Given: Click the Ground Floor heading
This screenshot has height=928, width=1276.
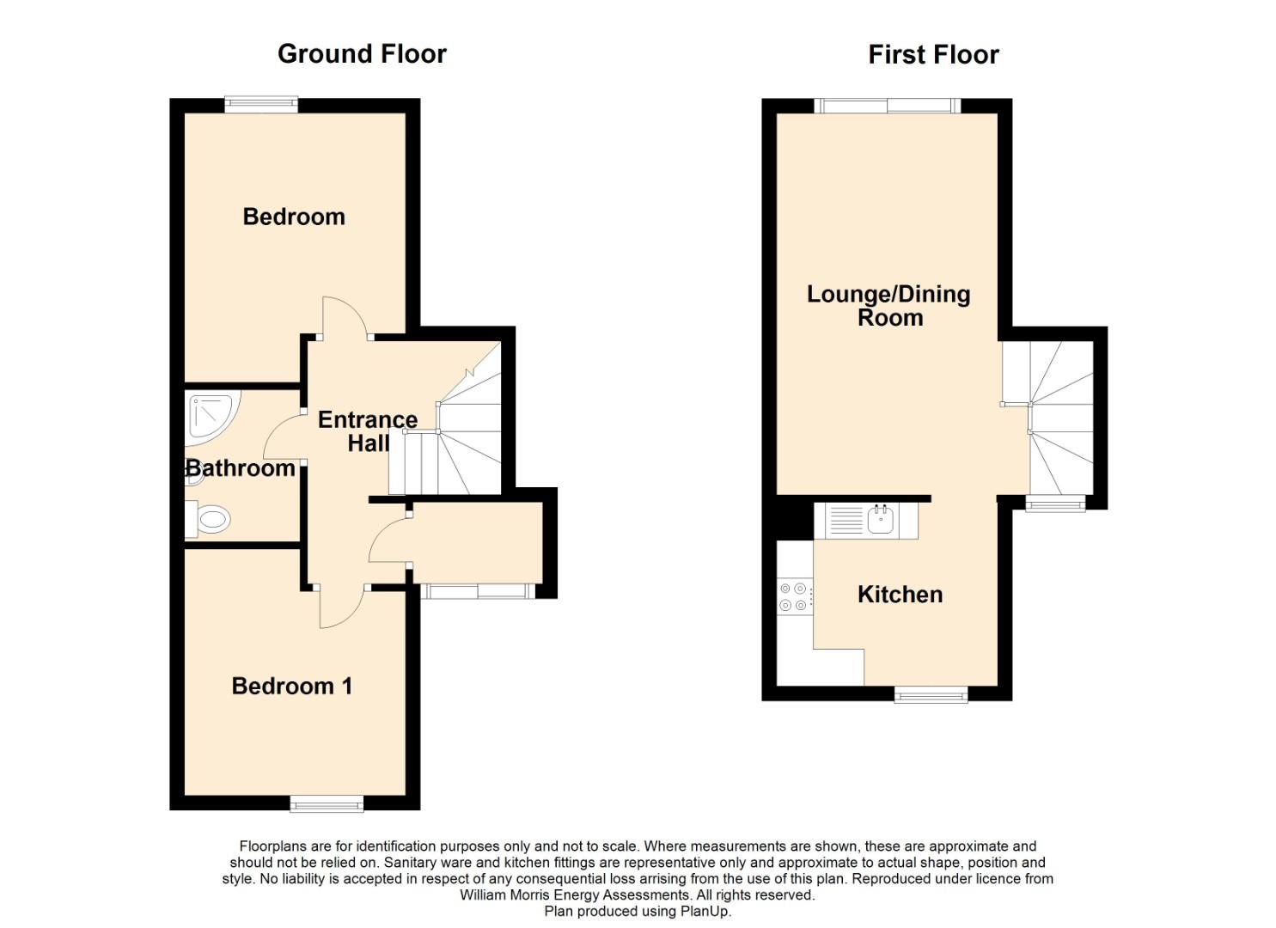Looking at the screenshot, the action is click(362, 54).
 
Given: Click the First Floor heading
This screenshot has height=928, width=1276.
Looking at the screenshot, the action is click(933, 55).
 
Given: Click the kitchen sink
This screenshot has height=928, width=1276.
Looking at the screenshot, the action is click(881, 519).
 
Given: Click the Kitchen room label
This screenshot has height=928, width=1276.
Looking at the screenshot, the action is click(900, 595).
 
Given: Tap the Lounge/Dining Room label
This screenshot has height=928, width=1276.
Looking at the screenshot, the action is click(888, 306).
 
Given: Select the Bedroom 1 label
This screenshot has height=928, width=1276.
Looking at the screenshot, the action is click(291, 686).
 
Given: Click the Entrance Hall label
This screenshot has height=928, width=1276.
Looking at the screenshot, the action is click(368, 431).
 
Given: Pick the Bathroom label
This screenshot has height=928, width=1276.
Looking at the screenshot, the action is click(241, 468).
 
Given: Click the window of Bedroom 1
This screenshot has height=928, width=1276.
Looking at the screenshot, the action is click(327, 803).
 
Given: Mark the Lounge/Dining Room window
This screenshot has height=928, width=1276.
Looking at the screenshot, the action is click(888, 106).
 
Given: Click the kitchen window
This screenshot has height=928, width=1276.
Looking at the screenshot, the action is click(931, 694).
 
